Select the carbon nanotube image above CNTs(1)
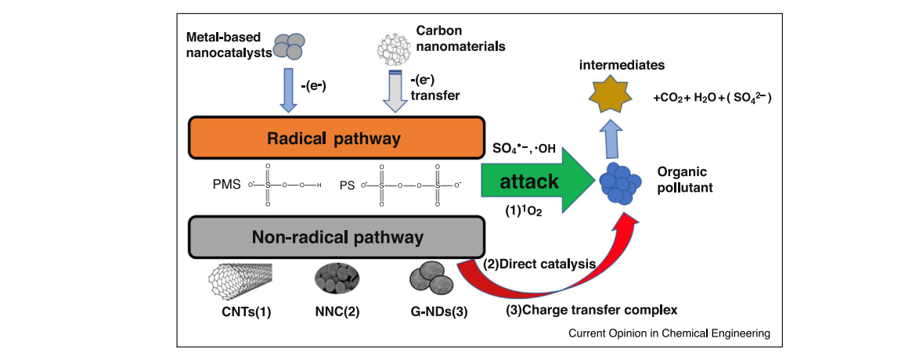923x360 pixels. (x=240, y=277)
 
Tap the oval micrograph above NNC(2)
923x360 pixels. (x=337, y=278)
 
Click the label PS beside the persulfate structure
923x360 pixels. (x=347, y=185)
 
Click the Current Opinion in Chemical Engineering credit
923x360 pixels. (x=669, y=333)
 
